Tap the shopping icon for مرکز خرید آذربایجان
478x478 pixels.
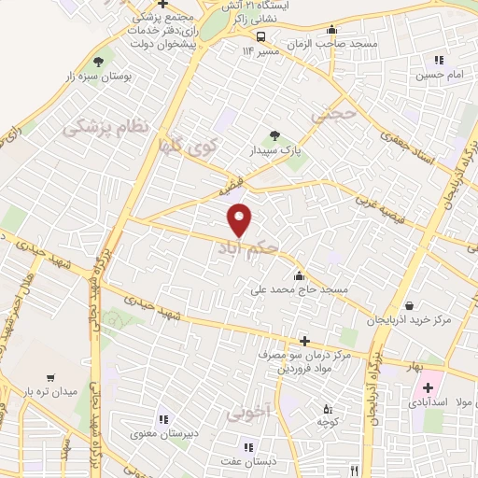[x=410, y=304]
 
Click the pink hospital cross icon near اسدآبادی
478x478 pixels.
[x=429, y=387]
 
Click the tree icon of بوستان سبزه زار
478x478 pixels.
[x=112, y=62]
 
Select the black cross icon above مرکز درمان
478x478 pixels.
[x=302, y=341]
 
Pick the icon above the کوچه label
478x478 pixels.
[x=326, y=407]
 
